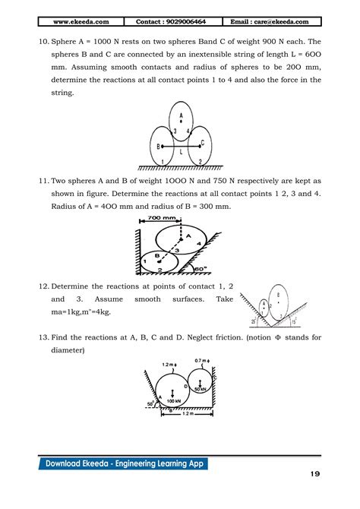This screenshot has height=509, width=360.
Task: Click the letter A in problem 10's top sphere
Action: (x=181, y=109)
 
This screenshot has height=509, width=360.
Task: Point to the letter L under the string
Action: (x=181, y=150)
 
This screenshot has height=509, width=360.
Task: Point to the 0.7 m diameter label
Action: (x=201, y=360)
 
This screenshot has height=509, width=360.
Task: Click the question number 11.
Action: (x=41, y=181)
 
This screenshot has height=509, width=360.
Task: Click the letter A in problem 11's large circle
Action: (x=187, y=236)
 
